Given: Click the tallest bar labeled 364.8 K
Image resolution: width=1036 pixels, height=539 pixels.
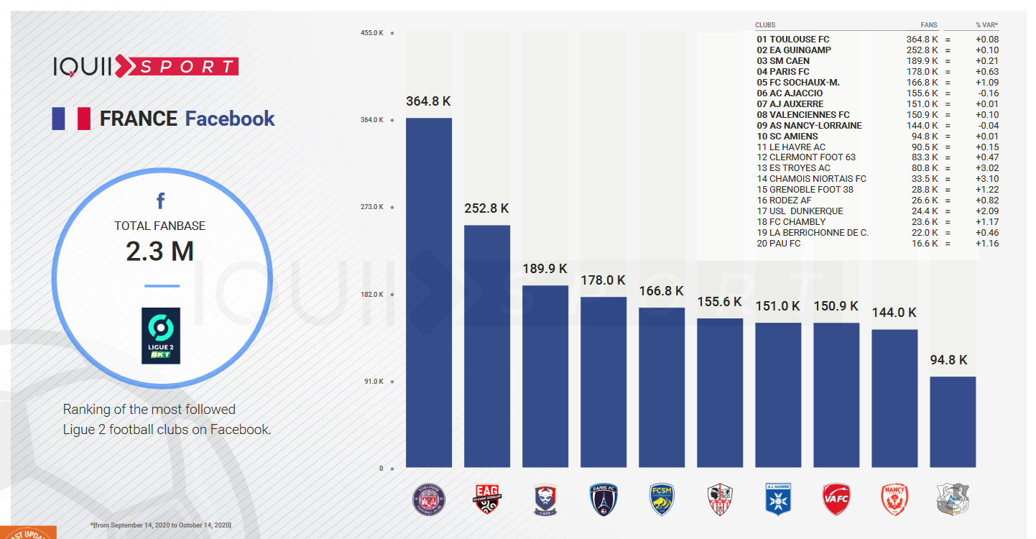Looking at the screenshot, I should tap(429, 292).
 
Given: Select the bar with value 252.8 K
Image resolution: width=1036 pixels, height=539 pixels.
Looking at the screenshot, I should tap(487, 346).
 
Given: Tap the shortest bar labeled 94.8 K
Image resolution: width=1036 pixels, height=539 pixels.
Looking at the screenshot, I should tap(953, 422).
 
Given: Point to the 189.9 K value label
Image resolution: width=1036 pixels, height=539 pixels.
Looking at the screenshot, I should tap(545, 269).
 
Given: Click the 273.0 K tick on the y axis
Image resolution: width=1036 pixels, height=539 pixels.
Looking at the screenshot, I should tap(372, 207).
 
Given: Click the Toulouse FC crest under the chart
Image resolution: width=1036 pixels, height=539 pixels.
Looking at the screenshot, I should tap(429, 499).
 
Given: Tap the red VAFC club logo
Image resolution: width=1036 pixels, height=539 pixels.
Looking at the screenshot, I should tap(836, 499).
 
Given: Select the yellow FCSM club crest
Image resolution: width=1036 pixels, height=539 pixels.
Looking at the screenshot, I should tap(662, 499).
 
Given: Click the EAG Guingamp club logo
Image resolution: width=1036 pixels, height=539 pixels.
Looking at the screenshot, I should tap(487, 499).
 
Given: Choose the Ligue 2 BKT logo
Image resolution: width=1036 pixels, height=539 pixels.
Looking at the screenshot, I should tap(161, 336).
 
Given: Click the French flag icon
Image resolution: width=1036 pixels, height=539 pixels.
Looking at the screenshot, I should tap(70, 119).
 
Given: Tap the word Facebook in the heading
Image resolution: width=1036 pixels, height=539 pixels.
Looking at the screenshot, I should tap(230, 119).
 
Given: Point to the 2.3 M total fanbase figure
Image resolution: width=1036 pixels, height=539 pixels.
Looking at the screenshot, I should tap(159, 252).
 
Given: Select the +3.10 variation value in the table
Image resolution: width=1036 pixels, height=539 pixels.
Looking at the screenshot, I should tap(986, 179).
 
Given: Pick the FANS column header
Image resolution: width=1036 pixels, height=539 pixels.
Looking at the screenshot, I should tap(929, 25).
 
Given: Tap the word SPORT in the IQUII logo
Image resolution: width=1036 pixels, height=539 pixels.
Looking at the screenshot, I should tap(186, 67).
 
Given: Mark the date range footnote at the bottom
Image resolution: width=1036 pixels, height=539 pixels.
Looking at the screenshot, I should tap(160, 525).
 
